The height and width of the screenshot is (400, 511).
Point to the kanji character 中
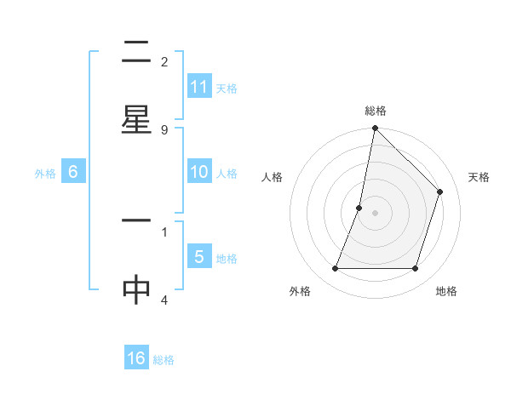(136, 290)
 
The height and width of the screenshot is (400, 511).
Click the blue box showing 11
(199, 87)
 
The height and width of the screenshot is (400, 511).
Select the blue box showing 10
(199, 172)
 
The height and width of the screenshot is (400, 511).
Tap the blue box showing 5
(199, 257)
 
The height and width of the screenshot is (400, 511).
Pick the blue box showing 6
(73, 172)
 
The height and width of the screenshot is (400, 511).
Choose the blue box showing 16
(136, 358)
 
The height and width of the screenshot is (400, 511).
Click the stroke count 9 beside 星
(164, 129)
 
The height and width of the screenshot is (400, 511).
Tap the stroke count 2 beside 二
(164, 61)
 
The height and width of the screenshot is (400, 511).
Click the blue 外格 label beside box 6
(45, 173)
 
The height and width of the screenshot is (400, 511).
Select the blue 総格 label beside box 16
(164, 360)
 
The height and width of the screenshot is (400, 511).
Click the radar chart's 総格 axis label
(375, 111)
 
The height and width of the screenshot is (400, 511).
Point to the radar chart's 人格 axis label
(273, 177)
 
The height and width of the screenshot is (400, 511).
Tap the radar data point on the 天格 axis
(440, 191)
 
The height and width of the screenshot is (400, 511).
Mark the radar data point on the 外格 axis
(335, 269)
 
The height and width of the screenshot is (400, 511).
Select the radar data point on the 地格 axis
(416, 269)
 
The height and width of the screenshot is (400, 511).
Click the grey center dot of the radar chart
(375, 213)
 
